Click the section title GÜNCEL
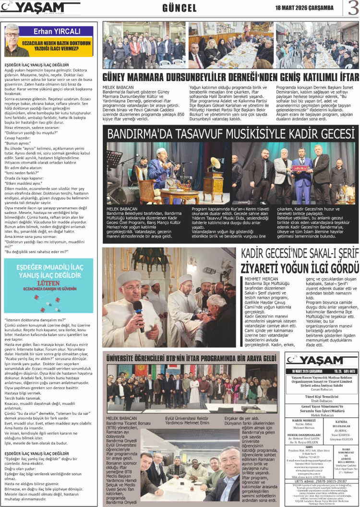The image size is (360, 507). (180, 8)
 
